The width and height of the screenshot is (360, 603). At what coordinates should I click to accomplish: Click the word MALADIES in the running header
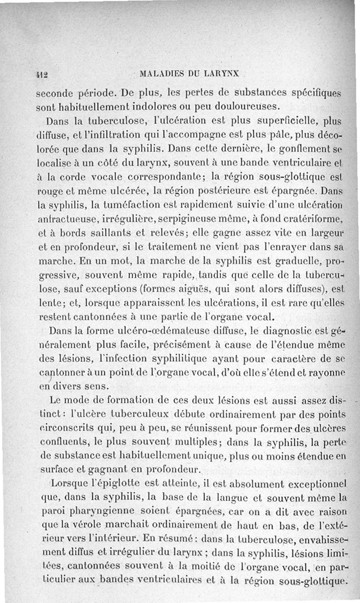160,73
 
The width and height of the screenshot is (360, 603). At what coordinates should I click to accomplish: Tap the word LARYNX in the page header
225,73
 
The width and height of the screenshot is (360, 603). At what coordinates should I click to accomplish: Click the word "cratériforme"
315,220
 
